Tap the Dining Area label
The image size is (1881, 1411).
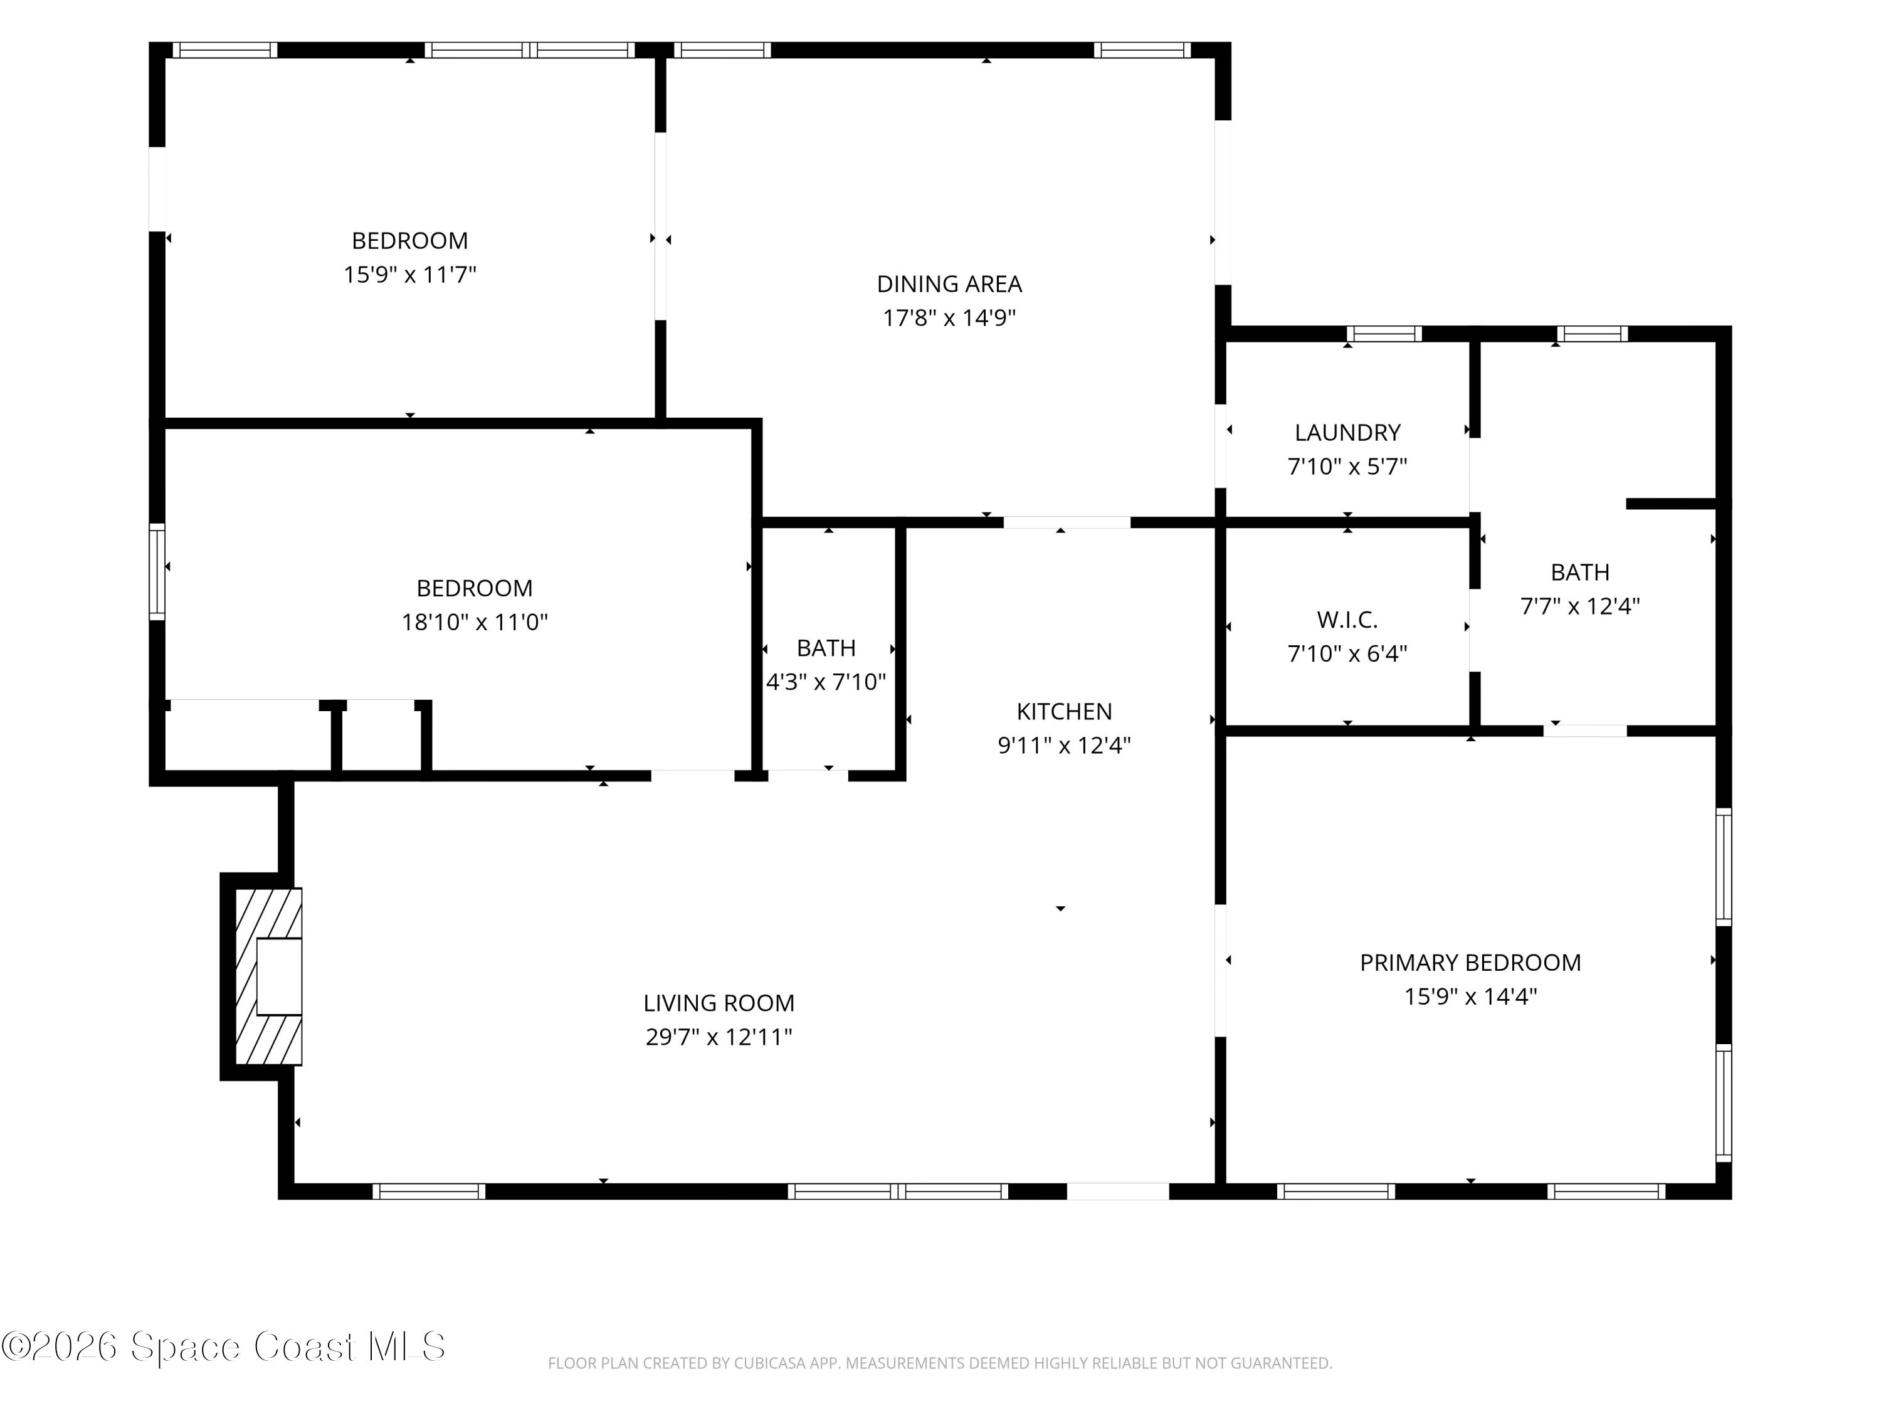coord(949,284)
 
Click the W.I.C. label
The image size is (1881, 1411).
coord(1347,620)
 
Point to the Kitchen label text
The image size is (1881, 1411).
coord(1064,711)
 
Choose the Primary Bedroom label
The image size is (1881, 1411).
coord(1470,963)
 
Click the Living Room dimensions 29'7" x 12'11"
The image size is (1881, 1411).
coord(719,1038)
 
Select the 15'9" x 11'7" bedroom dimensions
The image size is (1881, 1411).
coord(410,275)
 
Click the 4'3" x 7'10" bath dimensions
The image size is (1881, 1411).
coord(826,682)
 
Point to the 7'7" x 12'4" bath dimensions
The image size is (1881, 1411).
coord(1580,606)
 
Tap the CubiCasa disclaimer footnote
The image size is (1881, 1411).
coord(940,1363)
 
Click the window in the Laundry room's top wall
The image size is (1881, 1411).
coord(1384,334)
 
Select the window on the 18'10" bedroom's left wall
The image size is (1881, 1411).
coord(157,571)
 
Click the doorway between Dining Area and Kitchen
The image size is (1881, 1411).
coord(1067,522)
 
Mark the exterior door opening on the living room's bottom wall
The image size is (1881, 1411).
coord(1117,1191)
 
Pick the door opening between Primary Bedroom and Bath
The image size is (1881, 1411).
coord(1585,731)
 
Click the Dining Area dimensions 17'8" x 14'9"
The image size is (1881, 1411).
coord(949,318)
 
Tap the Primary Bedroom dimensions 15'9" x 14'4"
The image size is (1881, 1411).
coord(1470,997)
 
